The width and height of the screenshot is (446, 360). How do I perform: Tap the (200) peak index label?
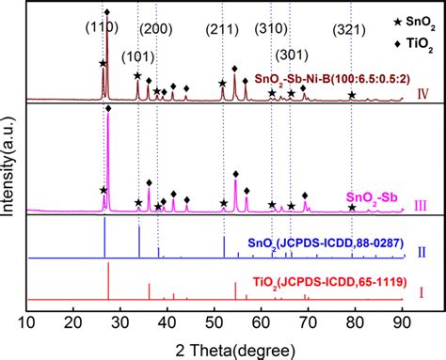click(157, 29)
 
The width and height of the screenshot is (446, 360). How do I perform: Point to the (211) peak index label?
click(223, 29)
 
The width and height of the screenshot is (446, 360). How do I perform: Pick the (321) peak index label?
click(354, 29)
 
